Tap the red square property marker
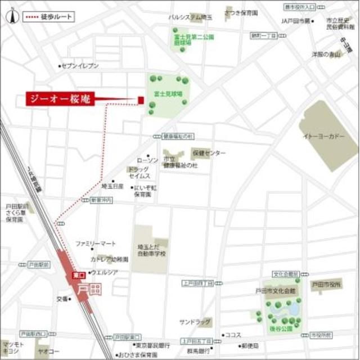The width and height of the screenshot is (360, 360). pos(141,100)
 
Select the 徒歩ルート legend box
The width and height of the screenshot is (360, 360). pos(48,17)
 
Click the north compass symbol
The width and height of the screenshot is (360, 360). pos(10,17)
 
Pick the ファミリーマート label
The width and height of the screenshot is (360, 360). pos(96,244)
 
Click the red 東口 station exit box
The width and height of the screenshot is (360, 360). pos(77,275)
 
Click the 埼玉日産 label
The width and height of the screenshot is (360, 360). pos(112,185)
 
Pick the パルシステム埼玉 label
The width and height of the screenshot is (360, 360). pos(191,17)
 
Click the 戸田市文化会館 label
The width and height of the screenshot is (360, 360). pos(275,291)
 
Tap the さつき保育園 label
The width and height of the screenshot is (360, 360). pos(241,12)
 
